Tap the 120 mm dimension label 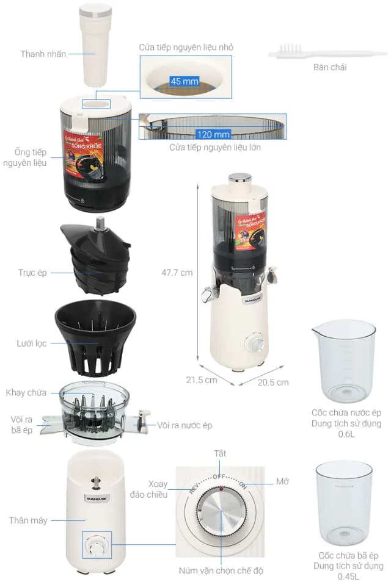(213, 134)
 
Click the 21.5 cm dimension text (202, 379)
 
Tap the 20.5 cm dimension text (273, 383)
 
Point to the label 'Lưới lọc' (32, 343)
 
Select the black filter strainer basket (95, 339)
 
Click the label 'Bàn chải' (329, 68)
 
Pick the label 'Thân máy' (28, 520)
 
